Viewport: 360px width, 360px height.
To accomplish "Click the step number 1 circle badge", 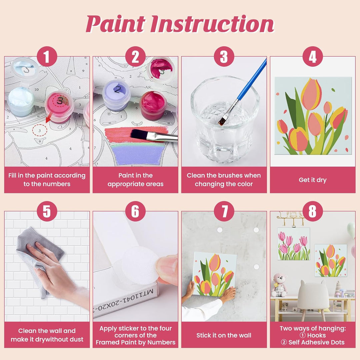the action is (x=47, y=56).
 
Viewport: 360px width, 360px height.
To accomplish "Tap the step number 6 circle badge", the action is (x=135, y=211).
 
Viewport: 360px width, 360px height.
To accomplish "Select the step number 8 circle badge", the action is (x=312, y=211).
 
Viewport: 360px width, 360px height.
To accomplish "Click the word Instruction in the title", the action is (x=213, y=24).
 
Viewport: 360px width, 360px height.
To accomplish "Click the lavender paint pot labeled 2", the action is (x=117, y=95).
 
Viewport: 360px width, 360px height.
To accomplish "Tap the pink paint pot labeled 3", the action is (x=59, y=107).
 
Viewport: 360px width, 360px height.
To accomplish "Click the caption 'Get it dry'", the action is (x=312, y=180).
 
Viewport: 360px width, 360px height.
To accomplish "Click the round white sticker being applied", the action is (x=140, y=266).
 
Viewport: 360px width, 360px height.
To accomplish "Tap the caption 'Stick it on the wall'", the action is (x=224, y=335).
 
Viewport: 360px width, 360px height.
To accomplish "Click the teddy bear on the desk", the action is (x=279, y=285).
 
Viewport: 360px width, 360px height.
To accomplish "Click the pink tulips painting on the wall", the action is (x=294, y=244).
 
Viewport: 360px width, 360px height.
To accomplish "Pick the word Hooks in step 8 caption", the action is (x=316, y=335).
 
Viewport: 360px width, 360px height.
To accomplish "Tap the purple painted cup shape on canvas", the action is (x=138, y=154).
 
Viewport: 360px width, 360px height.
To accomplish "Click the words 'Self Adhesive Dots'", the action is (x=316, y=342).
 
